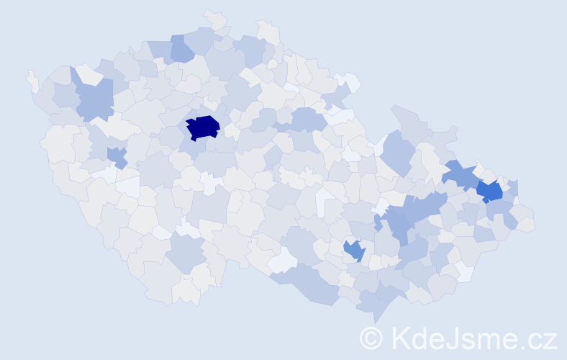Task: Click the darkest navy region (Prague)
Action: tap(204, 127)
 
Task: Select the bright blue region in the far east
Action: tap(489, 191)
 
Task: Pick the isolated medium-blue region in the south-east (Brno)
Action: tap(353, 250)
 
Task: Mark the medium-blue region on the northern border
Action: tap(181, 50)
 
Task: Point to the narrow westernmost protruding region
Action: tap(32, 80)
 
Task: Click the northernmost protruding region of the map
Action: tap(214, 17)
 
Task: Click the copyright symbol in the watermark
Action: tap(371, 338)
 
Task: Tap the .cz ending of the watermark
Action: tap(539, 338)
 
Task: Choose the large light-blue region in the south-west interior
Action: tap(186, 253)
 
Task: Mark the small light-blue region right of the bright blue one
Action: tap(512, 189)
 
